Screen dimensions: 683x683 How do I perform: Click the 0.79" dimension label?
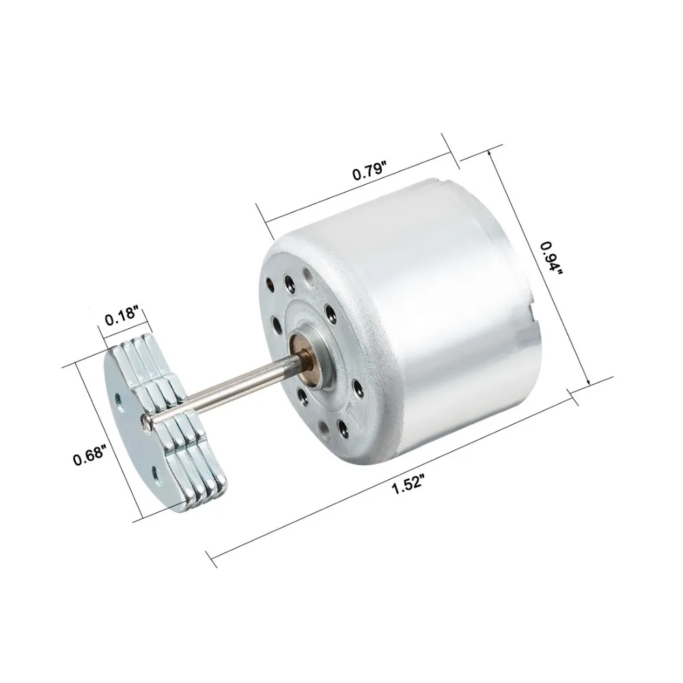(370, 171)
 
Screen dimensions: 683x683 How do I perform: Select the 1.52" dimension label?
(408, 485)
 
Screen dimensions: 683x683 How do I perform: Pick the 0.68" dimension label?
(89, 456)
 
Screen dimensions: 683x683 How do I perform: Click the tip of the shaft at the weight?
(146, 419)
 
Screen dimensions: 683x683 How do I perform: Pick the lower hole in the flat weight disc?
(155, 473)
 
